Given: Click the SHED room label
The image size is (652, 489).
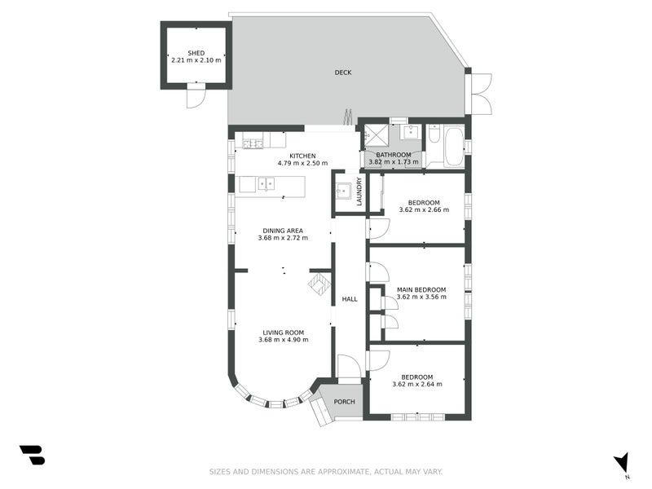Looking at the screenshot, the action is point(196,53).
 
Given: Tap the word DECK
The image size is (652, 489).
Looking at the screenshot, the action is point(343,73).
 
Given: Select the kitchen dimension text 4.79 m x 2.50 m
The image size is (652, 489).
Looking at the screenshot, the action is point(302,163).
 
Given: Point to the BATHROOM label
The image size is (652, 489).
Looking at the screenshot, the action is point(394,155).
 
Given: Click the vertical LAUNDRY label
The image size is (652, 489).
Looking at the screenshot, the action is point(359,192).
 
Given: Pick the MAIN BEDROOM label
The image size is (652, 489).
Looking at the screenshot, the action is point(421,290).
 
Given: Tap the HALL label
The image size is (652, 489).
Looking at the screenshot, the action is point(350,299).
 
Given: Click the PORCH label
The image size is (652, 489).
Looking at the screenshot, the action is point(344,402).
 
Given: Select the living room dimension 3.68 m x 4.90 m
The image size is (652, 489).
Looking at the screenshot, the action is point(283,340).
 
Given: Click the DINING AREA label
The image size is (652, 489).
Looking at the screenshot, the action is point(283,231).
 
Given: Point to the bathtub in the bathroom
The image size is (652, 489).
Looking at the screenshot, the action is point(454,147).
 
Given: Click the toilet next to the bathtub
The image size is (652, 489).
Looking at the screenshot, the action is point(434,134).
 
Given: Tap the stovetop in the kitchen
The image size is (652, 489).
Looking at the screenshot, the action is point(253,144).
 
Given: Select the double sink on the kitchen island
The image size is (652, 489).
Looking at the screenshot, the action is point(267,183).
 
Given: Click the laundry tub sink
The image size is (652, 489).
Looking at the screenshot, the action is point(343,192).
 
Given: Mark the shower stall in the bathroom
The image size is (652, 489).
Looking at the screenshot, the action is point(377,136).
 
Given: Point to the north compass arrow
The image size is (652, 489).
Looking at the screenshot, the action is point(622,462).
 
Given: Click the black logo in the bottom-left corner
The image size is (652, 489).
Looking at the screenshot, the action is point(32,455).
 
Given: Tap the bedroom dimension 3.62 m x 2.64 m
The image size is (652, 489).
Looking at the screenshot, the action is point(417,384).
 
